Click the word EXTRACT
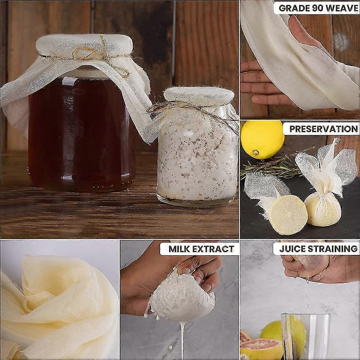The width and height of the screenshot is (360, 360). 213,249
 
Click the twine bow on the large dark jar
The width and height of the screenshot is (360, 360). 101,58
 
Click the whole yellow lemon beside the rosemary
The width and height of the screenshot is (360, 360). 262,140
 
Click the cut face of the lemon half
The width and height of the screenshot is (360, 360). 288,215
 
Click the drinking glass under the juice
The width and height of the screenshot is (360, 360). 305,337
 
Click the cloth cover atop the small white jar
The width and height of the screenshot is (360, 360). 199,96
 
